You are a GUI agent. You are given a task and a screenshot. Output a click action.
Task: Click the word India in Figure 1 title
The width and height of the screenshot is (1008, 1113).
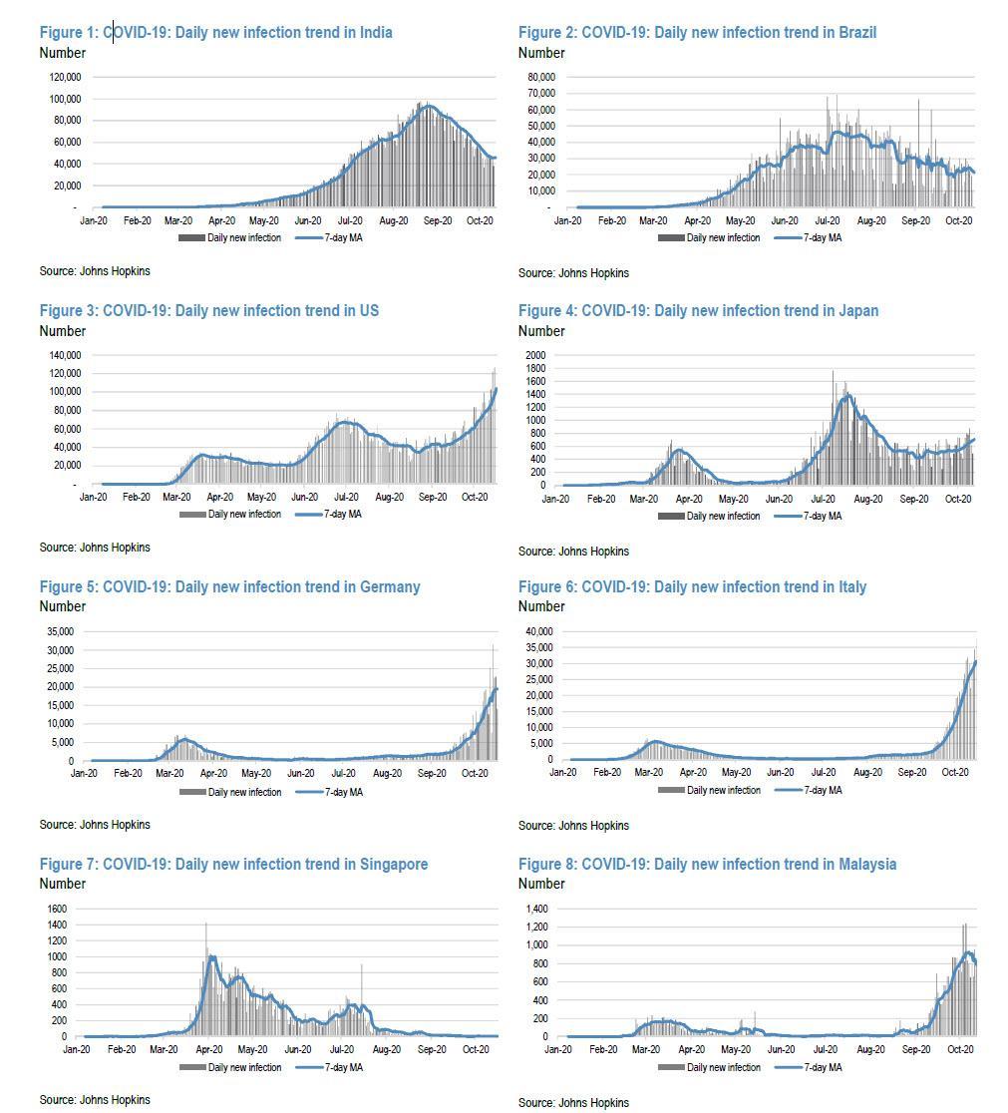pos(374,32)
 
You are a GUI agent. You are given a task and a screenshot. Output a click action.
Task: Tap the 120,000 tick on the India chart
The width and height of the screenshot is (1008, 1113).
pos(63,77)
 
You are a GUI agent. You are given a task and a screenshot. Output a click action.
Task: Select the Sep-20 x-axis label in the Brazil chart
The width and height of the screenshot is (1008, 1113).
pos(915,219)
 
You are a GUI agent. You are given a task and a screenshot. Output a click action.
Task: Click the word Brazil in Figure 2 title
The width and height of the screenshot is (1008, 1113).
pos(856,32)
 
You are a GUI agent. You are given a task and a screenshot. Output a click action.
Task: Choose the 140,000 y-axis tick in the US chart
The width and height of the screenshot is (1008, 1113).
pos(63,355)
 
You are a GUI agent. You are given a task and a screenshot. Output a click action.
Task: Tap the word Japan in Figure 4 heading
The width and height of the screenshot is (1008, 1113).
pos(857,310)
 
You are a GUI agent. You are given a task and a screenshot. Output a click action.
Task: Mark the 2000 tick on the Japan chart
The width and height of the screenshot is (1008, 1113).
pos(535,355)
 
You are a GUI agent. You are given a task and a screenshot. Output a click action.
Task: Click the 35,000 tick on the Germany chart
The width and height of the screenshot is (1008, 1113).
pos(58,631)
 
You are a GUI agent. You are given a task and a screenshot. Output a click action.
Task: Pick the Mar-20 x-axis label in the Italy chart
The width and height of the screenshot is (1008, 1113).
pos(648,772)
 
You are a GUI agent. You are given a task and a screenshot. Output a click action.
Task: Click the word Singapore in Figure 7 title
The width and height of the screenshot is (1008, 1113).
pos(394,864)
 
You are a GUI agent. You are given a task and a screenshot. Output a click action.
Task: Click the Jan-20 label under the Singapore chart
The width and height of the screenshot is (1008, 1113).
pos(77,1049)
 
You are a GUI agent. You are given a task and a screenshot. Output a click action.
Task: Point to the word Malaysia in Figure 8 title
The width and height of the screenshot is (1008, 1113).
pos(866,864)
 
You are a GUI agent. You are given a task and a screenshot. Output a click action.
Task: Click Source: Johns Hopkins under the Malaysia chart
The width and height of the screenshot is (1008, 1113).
pos(573,1103)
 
